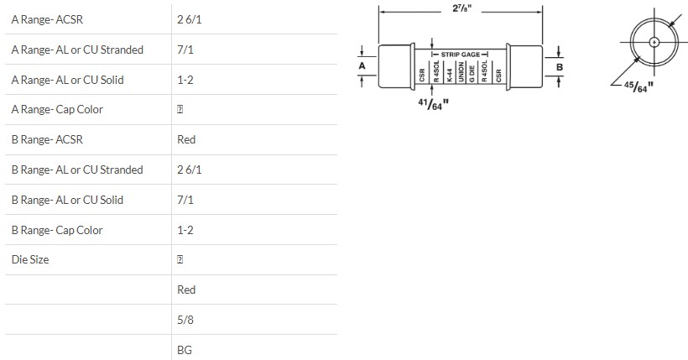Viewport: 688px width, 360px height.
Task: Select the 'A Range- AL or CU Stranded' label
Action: [x=77, y=50]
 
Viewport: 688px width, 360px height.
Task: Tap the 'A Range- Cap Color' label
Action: [x=57, y=110]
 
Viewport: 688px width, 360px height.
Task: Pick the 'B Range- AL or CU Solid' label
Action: [x=67, y=200]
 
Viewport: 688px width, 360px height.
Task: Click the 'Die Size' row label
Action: [x=30, y=259]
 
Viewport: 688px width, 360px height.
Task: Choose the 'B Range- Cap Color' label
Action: [x=57, y=230]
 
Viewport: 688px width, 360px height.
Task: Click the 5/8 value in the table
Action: [x=185, y=320]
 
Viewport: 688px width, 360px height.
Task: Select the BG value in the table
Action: [x=185, y=350]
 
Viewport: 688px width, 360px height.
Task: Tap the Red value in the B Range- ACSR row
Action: [x=186, y=139]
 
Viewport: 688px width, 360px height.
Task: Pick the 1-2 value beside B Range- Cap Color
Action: [x=185, y=230]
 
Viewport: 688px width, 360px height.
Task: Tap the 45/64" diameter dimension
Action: [x=638, y=87]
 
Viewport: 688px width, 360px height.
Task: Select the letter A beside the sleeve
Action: [x=362, y=65]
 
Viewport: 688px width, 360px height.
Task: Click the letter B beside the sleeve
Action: [x=560, y=65]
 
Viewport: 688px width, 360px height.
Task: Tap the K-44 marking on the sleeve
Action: [x=448, y=74]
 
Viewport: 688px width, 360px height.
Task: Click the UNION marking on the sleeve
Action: [x=460, y=73]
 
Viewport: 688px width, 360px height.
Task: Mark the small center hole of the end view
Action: [x=653, y=41]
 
